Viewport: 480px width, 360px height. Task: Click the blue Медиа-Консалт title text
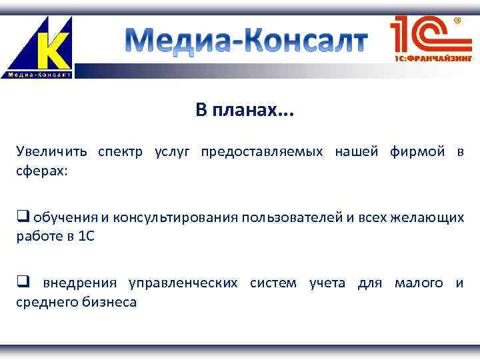(246, 41)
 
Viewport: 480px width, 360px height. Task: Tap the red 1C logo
(422, 35)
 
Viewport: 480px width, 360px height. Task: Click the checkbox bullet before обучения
(23, 217)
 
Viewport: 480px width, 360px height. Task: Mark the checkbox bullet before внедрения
(23, 283)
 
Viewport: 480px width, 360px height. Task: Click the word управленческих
(183, 283)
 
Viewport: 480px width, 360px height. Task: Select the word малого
(419, 283)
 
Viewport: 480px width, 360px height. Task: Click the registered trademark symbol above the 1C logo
(458, 21)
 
